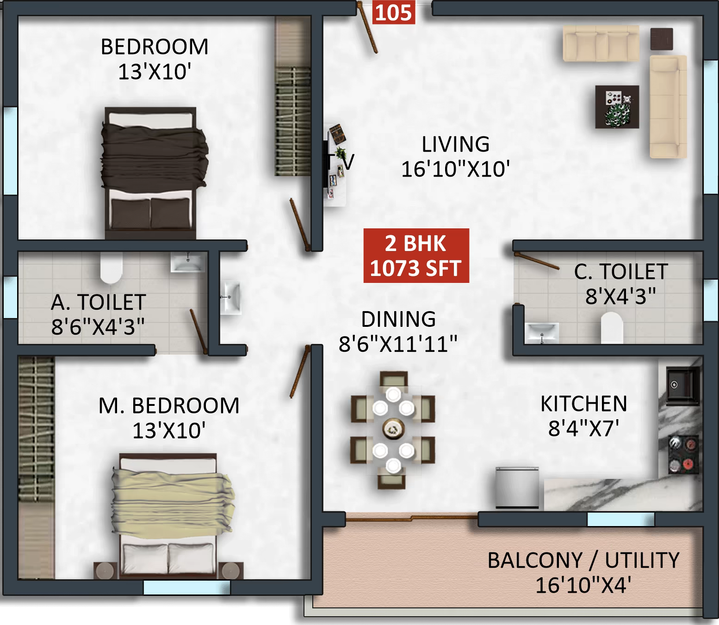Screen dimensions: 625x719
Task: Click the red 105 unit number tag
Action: (394, 12)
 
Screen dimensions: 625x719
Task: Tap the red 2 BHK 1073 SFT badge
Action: (416, 256)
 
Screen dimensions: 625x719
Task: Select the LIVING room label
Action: (455, 144)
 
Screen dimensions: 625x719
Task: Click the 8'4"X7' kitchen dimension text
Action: (583, 429)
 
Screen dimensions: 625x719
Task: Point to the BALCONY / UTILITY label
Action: (583, 560)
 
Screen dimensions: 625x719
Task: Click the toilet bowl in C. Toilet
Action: (611, 327)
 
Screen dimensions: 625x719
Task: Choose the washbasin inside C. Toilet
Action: (542, 332)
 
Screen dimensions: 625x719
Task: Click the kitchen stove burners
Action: (683, 455)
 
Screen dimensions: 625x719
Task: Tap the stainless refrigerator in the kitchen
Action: (517, 488)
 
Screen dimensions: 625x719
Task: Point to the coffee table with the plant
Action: (617, 107)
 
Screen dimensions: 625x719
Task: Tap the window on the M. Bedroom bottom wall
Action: (186, 588)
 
